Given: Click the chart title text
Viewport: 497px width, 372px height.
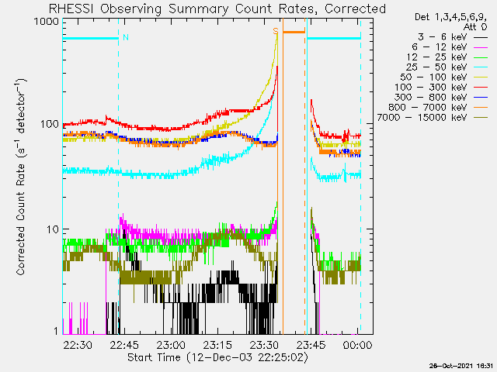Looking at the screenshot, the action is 217,9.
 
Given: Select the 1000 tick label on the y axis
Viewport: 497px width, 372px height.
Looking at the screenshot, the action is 47,22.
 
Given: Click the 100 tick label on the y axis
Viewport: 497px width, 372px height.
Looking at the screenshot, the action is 50,124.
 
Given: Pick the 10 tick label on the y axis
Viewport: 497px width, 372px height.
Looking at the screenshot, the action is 53,229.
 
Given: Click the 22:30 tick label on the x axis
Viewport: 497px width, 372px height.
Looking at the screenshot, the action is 78,345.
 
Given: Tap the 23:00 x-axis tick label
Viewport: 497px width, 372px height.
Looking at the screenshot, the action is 171,345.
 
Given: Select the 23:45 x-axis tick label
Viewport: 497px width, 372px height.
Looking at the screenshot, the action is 311,345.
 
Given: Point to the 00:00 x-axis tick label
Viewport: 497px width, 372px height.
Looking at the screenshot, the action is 357,345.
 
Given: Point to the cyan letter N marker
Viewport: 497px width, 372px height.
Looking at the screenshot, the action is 126,37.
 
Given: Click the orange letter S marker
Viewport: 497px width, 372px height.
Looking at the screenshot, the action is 276,31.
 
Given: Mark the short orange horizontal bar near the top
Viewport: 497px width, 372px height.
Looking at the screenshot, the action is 294,32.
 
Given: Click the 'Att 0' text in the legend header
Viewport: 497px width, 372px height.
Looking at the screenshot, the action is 474,27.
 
